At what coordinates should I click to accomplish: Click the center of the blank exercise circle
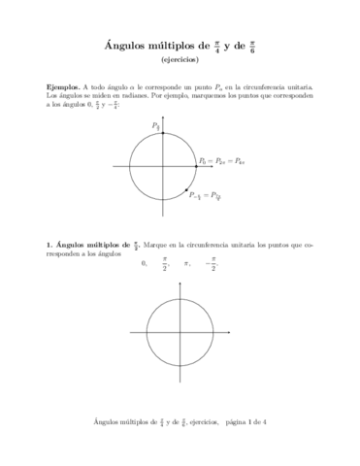point(180,334)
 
